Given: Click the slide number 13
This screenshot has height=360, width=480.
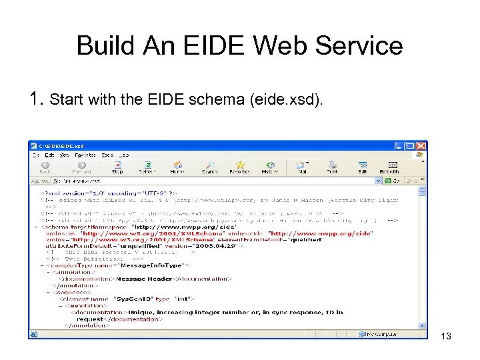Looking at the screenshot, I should (446, 337).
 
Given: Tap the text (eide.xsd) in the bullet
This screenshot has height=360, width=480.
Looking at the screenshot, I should (283, 101).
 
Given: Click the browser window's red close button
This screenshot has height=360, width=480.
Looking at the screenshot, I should (421, 146).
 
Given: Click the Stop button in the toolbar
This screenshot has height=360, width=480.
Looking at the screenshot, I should (117, 167).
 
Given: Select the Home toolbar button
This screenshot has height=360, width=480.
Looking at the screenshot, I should (177, 167).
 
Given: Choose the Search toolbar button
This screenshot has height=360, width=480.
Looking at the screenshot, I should (209, 167).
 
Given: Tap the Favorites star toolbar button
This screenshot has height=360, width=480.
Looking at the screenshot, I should (240, 167).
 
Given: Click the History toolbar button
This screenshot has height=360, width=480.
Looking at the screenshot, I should (270, 167).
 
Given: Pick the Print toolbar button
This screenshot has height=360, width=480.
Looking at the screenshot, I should (332, 167).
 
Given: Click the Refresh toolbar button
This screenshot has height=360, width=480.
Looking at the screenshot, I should (147, 167).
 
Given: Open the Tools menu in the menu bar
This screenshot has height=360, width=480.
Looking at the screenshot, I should (108, 155).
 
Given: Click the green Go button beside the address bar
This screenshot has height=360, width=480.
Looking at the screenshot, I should (391, 180).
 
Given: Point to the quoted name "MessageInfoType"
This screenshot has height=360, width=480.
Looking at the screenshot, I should (139, 267).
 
